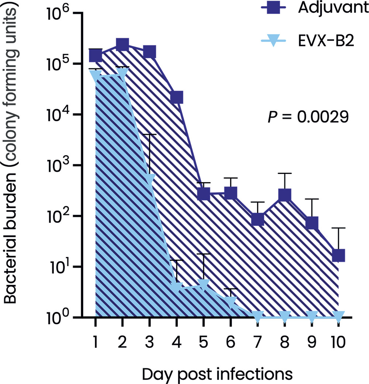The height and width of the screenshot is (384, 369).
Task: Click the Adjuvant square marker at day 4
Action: [x=176, y=98]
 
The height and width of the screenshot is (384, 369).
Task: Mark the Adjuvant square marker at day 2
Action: [x=122, y=45]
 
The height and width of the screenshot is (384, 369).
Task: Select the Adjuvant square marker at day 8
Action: [x=284, y=195]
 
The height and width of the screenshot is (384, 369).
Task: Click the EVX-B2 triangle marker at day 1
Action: [x=95, y=76]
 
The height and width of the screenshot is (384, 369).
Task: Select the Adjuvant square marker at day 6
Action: [x=231, y=193]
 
